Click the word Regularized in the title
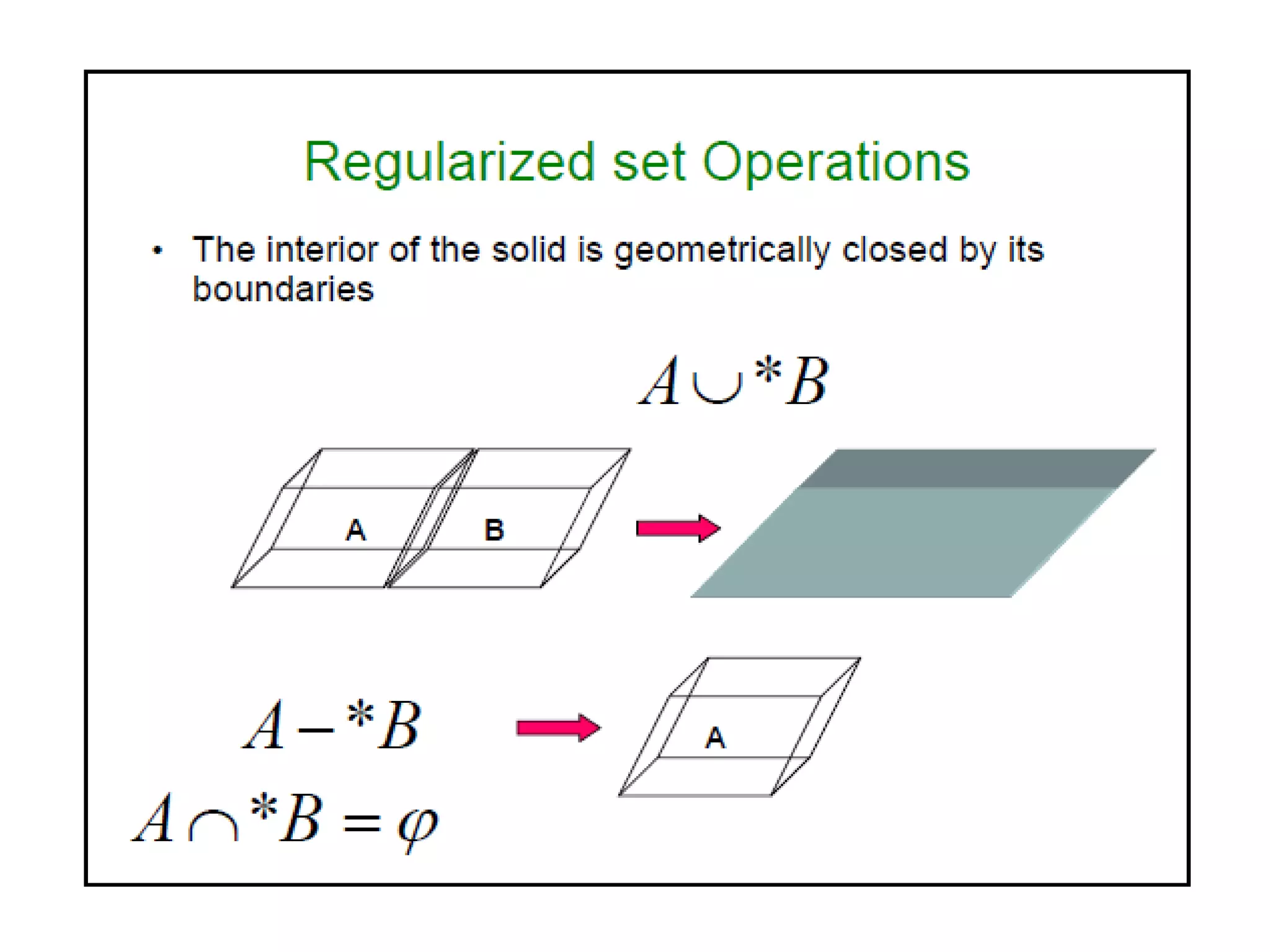pos(450,162)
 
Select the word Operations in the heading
pos(835,162)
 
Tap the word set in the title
pos(649,162)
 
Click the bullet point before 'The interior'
pos(158,250)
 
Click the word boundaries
pos(283,289)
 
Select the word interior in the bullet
pos(322,250)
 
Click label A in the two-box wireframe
pos(356,530)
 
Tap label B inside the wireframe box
pos(494,530)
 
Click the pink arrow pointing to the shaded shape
pos(678,528)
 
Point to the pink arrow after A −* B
pos(558,728)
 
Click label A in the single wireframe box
pos(716,738)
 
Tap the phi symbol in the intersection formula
pos(417,826)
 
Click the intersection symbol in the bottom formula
pos(213,826)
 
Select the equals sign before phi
pos(362,823)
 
